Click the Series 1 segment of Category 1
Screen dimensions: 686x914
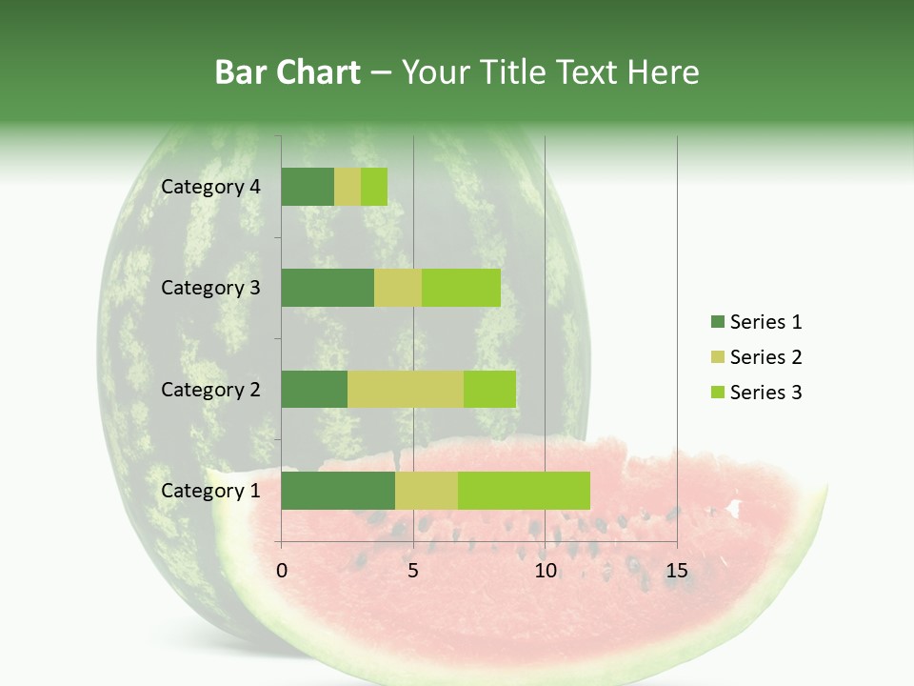click(338, 491)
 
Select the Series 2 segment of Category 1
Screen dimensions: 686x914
click(427, 491)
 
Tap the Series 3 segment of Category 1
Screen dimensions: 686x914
click(524, 491)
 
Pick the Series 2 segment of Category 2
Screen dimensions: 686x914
click(406, 389)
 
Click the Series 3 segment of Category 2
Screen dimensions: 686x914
click(489, 389)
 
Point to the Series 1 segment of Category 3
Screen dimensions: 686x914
click(328, 288)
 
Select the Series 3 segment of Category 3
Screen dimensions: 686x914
click(461, 288)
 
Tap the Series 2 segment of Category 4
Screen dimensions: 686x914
click(348, 187)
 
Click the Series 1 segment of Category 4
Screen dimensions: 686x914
click(308, 187)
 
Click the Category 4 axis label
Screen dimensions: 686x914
click(210, 187)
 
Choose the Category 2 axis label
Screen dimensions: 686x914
click(210, 389)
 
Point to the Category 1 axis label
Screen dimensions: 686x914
click(210, 491)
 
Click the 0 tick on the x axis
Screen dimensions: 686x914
click(282, 571)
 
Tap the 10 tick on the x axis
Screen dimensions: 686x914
click(545, 571)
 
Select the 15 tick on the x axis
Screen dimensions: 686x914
click(677, 571)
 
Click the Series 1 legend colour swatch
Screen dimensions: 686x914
click(717, 322)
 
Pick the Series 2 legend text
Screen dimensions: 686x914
click(765, 357)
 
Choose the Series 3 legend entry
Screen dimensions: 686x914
click(757, 393)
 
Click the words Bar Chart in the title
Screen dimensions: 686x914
click(287, 72)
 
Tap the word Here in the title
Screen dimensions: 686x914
click(665, 72)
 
